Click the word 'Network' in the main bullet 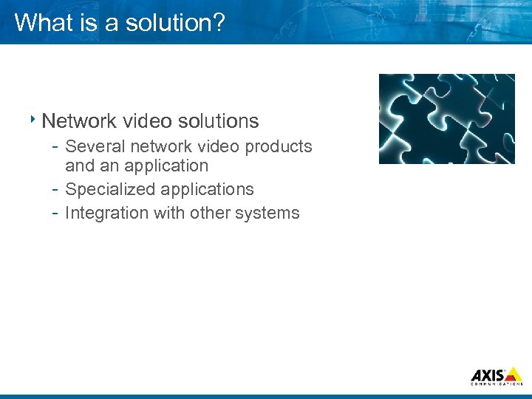(x=78, y=120)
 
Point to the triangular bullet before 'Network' (x=34, y=118)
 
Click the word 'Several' (x=93, y=146)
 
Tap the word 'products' (x=279, y=146)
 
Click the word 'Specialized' (x=110, y=190)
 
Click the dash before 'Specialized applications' (x=55, y=190)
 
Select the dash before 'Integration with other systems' (x=55, y=213)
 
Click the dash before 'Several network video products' (x=55, y=146)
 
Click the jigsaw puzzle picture (x=446, y=118)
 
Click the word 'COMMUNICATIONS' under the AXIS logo (x=497, y=383)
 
